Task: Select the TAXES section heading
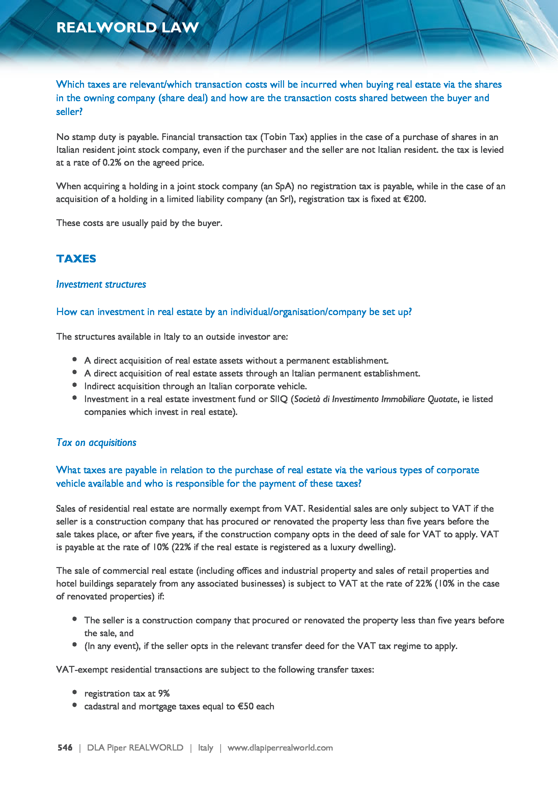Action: click(x=76, y=258)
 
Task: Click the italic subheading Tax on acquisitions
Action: click(x=96, y=442)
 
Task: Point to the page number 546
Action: click(x=65, y=748)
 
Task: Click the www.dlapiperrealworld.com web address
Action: click(x=280, y=748)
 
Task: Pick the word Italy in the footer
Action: click(x=205, y=748)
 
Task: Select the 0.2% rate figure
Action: click(x=112, y=163)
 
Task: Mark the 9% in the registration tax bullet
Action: click(x=164, y=693)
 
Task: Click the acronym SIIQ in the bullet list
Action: click(x=279, y=399)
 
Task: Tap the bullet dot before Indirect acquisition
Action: click(x=75, y=385)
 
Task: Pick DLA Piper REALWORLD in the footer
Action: click(x=135, y=748)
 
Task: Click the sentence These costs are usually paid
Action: click(x=139, y=223)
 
